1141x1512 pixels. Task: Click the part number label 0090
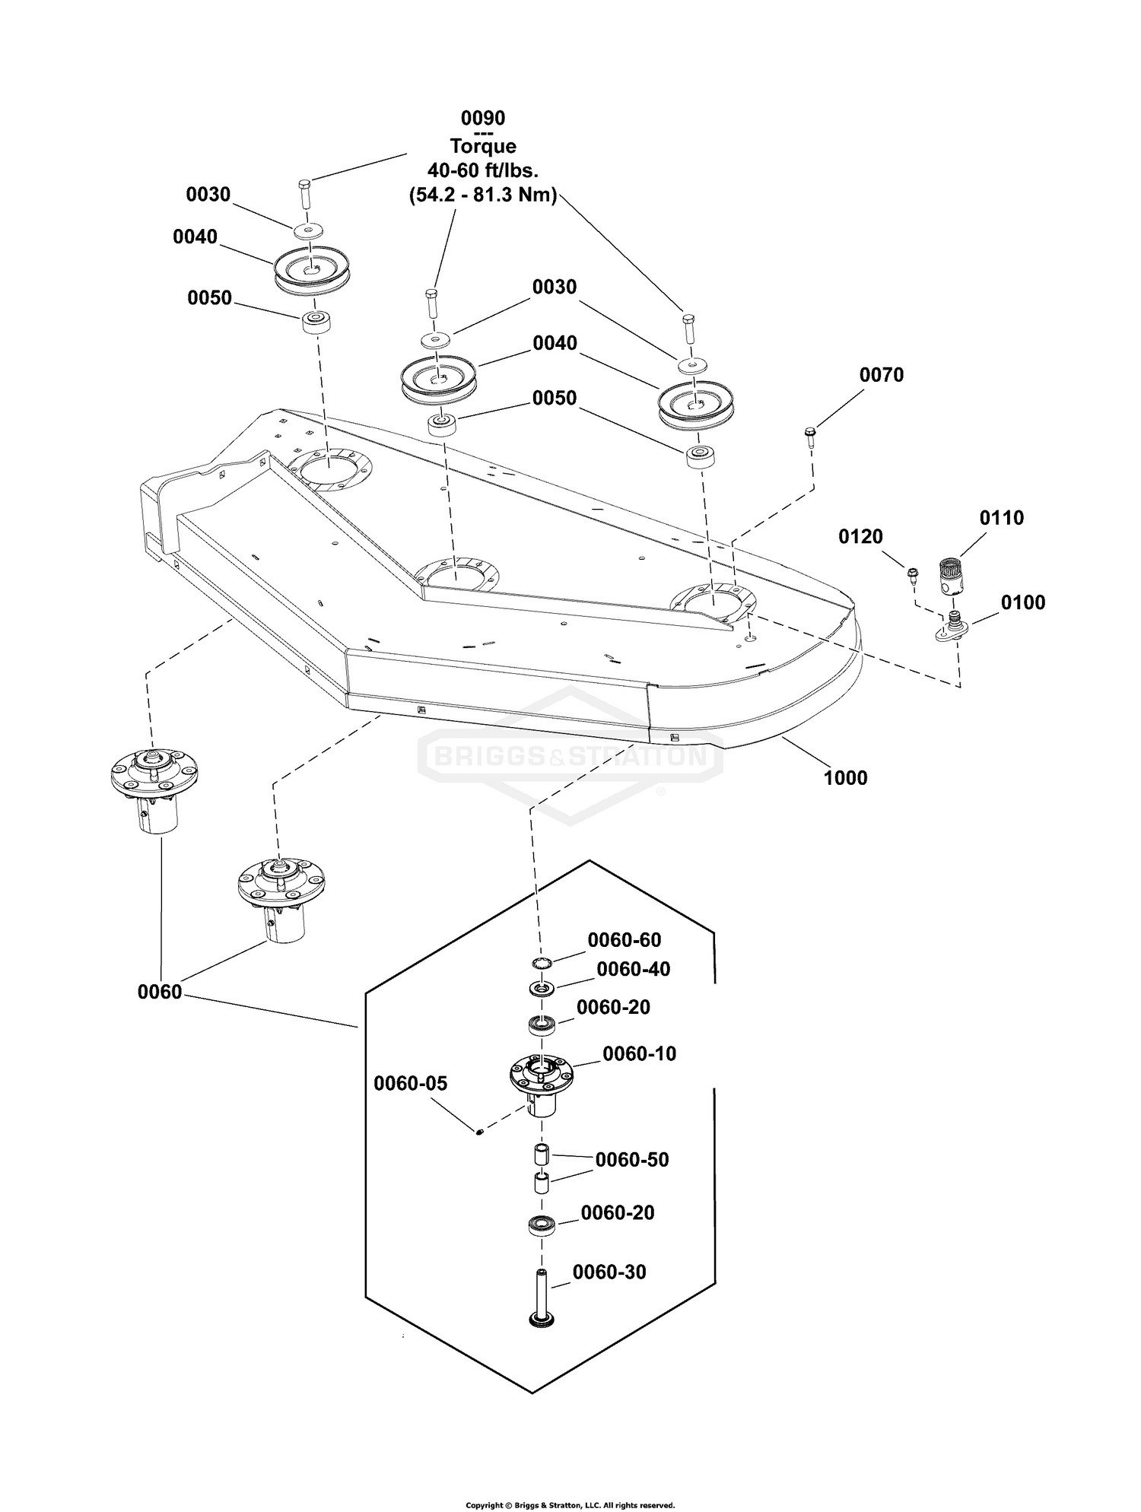(x=483, y=119)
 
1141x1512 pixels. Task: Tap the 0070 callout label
(x=882, y=375)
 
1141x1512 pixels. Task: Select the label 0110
(x=1002, y=518)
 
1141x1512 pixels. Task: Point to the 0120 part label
(x=861, y=537)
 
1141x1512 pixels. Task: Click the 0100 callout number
(x=1023, y=603)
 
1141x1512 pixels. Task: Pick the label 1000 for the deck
(x=846, y=778)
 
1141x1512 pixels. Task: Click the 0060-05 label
(x=411, y=1084)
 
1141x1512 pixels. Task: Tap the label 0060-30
(x=609, y=1272)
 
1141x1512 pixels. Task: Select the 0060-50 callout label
(x=632, y=1160)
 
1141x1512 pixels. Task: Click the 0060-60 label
(x=625, y=941)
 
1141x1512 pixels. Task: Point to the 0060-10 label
(x=640, y=1054)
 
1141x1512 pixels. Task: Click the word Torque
(x=483, y=147)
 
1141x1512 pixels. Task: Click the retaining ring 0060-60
(x=541, y=964)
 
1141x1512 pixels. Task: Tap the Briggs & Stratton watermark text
(x=570, y=757)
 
